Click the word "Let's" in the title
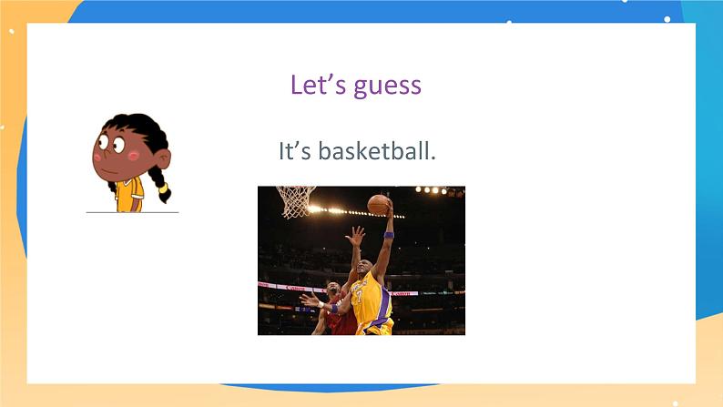(x=314, y=85)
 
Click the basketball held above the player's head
(x=378, y=204)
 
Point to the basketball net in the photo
(x=295, y=201)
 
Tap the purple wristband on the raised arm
(x=389, y=236)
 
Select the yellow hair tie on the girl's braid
(x=163, y=187)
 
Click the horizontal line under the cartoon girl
(x=132, y=212)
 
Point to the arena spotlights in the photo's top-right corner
(x=442, y=191)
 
